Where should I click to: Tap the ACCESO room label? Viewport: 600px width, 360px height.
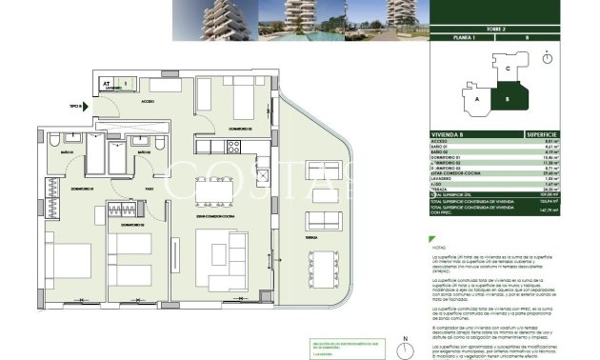pyautogui.click(x=148, y=100)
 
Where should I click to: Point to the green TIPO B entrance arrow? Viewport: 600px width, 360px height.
pyautogui.click(x=86, y=107)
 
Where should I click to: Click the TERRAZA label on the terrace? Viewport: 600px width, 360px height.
pyautogui.click(x=310, y=234)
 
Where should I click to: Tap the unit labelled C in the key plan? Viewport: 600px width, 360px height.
pyautogui.click(x=509, y=69)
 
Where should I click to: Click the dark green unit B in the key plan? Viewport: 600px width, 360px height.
pyautogui.click(x=510, y=98)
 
